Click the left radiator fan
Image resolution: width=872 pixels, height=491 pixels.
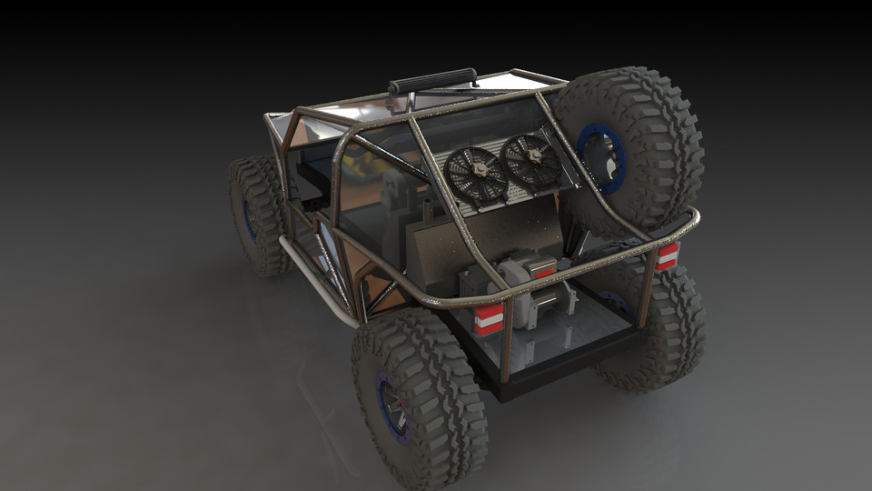coord(476,174)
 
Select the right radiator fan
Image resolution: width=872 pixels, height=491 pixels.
coord(531,160)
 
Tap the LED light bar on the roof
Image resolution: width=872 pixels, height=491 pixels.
coord(432,81)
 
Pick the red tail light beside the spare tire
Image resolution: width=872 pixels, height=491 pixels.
coord(667,256)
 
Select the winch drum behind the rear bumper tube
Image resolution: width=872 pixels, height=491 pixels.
coord(552,296)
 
